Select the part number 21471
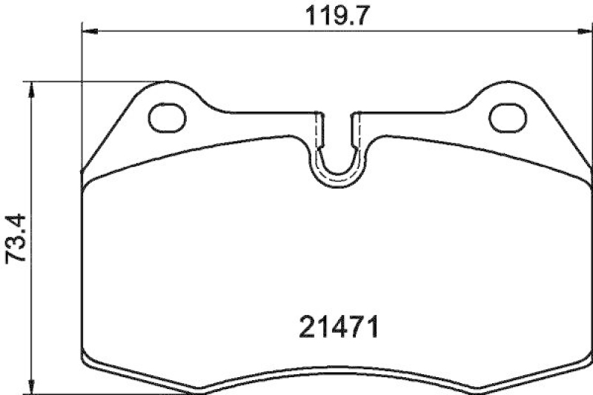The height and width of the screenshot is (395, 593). [x=341, y=327]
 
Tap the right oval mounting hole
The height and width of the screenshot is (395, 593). [x=508, y=116]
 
